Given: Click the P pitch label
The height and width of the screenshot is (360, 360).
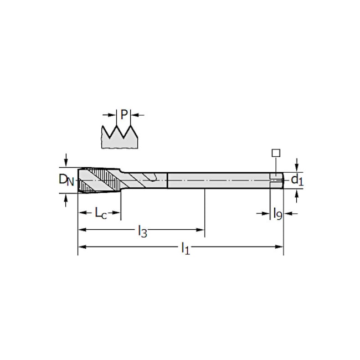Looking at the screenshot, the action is [124, 114].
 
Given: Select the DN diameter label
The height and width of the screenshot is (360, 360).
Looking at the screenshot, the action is [66, 179].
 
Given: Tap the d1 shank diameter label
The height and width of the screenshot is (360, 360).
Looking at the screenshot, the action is [297, 180].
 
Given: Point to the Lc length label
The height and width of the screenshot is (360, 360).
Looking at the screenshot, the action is [101, 213].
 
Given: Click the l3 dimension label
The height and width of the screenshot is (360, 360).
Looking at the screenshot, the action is [142, 231].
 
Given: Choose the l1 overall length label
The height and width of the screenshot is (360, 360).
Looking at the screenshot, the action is [186, 249].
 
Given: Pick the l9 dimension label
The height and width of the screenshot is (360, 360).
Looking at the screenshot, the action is [277, 214].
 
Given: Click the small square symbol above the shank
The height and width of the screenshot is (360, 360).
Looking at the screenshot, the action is [276, 153].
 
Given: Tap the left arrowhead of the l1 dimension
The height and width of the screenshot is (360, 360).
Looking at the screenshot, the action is [82, 247].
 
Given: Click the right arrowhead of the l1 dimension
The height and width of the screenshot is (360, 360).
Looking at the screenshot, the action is [279, 247].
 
